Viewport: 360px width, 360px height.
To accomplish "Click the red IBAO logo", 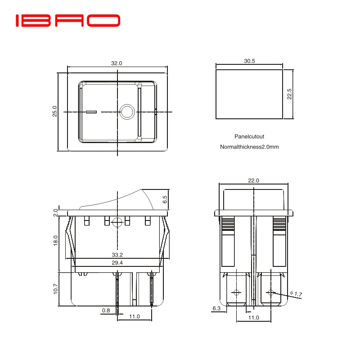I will (68, 20).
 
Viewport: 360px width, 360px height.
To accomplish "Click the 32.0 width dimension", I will (117, 63).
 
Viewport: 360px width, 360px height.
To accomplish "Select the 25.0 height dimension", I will (54, 112).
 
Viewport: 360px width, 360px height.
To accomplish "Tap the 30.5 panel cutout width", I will (249, 61).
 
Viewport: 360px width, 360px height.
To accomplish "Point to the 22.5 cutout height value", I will (290, 94).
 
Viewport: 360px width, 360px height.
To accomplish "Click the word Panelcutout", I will (249, 136).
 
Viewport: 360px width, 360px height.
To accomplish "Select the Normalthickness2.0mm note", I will (249, 147).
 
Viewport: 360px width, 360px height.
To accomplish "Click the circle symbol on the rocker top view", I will (127, 112).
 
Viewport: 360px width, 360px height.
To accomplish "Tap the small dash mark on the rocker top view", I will (91, 112).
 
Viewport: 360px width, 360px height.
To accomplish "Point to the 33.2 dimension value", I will (117, 255).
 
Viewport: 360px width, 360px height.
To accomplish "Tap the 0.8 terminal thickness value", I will (106, 310).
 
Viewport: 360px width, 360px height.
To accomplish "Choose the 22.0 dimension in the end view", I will (254, 180).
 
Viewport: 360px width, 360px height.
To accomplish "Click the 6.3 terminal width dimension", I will (216, 309).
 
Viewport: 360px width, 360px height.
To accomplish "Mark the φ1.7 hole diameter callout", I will (296, 294).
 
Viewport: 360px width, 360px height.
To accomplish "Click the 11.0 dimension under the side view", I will (135, 317).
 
